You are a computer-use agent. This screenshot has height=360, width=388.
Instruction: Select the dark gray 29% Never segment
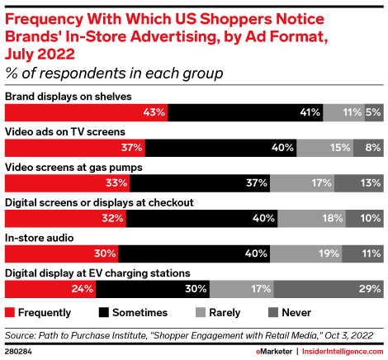coord(329,289)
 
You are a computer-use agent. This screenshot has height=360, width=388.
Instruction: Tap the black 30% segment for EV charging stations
coord(153,289)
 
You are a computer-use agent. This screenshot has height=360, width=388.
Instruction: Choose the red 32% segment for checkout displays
coord(66,219)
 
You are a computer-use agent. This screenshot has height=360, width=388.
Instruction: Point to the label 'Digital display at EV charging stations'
coord(97,272)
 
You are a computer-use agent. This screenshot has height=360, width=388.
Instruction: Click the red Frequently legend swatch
coord(11,313)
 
